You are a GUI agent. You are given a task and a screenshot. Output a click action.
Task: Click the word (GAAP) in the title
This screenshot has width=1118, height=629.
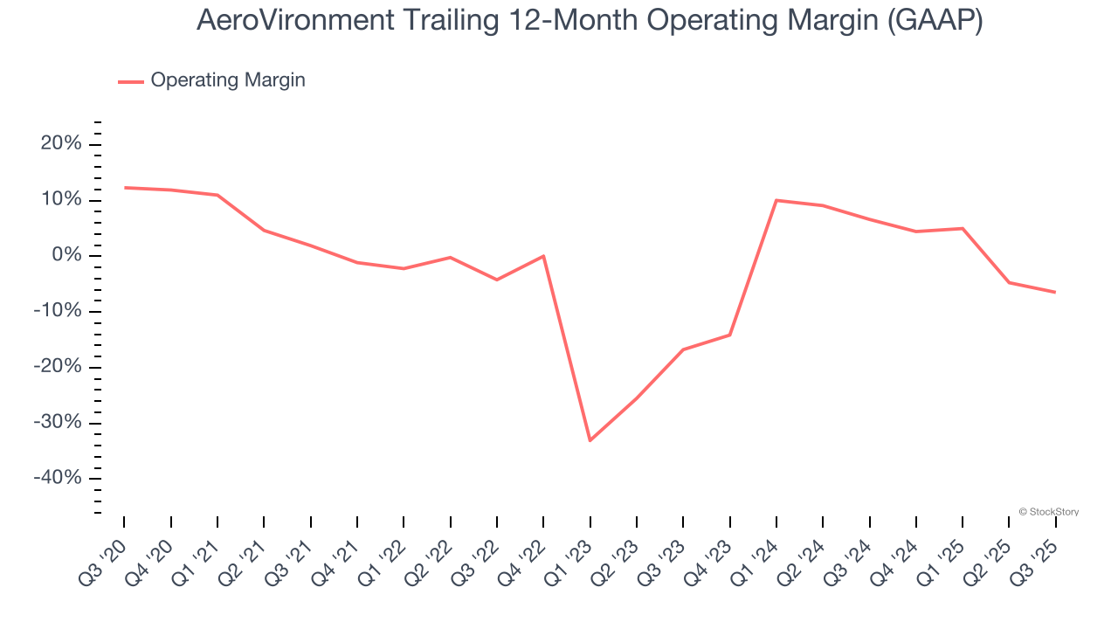(x=935, y=20)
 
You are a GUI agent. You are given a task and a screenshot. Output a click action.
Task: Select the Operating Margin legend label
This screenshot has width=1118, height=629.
(x=228, y=80)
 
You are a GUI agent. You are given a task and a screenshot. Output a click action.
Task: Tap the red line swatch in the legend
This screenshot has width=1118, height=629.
(x=131, y=81)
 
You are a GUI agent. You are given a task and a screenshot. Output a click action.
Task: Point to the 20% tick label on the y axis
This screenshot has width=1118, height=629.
(x=61, y=144)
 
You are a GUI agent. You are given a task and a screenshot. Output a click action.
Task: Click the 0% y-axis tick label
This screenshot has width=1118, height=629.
(x=66, y=256)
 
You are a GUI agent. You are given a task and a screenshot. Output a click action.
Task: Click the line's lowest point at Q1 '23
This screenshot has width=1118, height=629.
(x=590, y=440)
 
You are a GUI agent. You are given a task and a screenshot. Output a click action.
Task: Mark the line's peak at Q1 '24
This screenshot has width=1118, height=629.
(x=776, y=200)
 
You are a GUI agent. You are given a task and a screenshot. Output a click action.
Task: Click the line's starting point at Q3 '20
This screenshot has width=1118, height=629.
(x=124, y=187)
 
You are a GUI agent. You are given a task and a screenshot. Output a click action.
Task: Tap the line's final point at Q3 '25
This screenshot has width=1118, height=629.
(x=1055, y=292)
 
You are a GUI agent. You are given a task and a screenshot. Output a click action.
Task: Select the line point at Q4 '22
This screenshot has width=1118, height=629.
(x=543, y=256)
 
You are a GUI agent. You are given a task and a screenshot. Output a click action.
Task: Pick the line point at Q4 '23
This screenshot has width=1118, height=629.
(x=729, y=335)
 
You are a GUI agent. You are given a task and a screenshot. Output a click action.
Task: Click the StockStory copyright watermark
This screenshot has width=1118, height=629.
(x=1048, y=512)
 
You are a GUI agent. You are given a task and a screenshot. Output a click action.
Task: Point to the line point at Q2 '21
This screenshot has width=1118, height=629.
(x=264, y=230)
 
